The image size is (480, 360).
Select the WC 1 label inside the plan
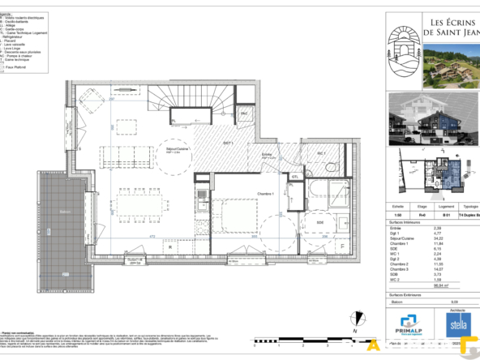coord(321,153)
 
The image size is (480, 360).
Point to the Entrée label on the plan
coord(266,153)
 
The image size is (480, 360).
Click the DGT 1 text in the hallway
coord(229,143)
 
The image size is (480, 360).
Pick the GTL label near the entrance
coord(296,176)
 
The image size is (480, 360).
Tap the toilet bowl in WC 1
coord(332,166)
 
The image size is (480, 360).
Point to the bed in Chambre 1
coord(237,217)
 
